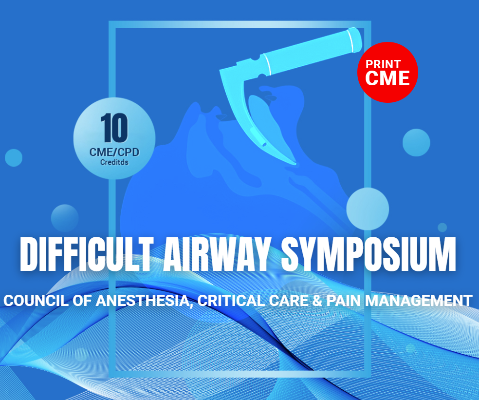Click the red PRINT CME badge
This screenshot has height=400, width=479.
click(x=387, y=72)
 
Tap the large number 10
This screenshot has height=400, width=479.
click(x=114, y=128)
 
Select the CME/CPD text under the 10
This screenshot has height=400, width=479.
click(x=114, y=152)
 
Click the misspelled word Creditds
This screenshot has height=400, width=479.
click(x=114, y=162)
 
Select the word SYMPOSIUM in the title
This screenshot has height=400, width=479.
click(x=368, y=254)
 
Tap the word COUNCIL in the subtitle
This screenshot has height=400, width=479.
click(x=36, y=300)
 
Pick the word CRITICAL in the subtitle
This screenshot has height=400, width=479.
click(x=231, y=300)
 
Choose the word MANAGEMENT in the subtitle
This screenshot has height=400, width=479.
click(x=419, y=300)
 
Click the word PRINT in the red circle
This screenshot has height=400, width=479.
click(x=383, y=64)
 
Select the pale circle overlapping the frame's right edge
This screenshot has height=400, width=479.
click(x=368, y=209)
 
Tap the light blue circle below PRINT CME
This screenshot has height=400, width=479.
click(x=416, y=142)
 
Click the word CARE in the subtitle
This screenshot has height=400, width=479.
click(x=289, y=300)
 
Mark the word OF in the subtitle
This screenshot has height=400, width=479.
click(x=82, y=300)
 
